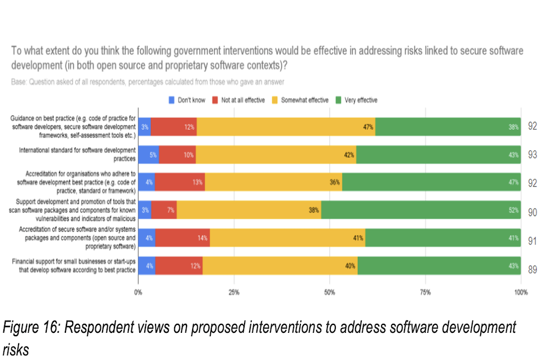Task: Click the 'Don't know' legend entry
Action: (x=186, y=100)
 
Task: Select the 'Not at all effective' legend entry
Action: (x=239, y=100)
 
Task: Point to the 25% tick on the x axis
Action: (x=234, y=292)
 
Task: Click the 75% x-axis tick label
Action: (x=425, y=292)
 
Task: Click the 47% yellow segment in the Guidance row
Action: (x=286, y=127)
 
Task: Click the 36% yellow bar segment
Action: (x=273, y=183)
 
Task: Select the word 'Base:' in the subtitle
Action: (x=19, y=82)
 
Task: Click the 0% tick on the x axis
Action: (x=138, y=292)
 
